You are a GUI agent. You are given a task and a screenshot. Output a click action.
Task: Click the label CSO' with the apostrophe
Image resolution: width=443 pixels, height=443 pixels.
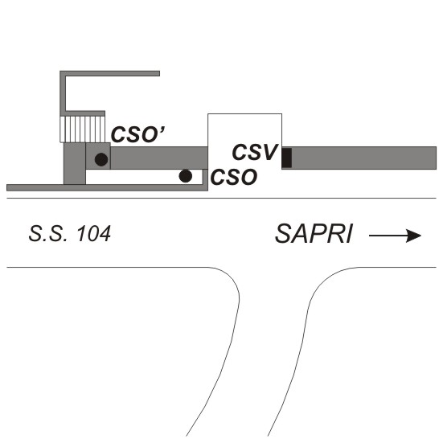click(138, 134)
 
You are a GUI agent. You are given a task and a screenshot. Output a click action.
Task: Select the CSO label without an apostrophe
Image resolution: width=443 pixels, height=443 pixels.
click(234, 177)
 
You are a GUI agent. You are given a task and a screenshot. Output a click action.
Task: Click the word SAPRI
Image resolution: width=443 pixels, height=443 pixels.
click(314, 234)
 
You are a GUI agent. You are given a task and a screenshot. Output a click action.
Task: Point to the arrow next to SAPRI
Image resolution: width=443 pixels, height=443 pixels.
click(395, 236)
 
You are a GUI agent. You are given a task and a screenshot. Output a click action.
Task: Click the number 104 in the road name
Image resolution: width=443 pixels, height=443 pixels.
click(93, 234)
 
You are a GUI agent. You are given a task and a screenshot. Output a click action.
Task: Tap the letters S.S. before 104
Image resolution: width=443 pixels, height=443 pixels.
click(48, 234)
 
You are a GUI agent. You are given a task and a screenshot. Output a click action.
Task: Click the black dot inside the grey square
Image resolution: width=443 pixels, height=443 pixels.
click(101, 160)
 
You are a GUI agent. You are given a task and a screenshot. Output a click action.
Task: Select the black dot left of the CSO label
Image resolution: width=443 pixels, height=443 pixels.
click(186, 176)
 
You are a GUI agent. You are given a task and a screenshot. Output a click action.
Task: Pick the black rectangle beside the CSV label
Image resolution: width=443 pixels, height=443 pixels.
click(287, 158)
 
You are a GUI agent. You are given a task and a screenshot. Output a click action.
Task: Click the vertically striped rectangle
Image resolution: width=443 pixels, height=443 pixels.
click(82, 129)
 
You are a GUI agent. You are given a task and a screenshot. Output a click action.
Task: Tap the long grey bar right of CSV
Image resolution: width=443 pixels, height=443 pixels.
click(364, 158)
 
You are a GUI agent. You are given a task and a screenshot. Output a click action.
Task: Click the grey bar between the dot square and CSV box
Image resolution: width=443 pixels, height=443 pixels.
click(159, 158)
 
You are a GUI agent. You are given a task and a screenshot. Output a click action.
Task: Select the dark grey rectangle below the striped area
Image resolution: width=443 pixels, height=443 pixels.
click(75, 163)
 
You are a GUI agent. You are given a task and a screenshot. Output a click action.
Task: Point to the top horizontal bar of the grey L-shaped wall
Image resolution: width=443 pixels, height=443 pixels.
click(110, 73)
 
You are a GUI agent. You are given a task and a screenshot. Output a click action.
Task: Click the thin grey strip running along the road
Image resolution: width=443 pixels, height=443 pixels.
click(108, 187)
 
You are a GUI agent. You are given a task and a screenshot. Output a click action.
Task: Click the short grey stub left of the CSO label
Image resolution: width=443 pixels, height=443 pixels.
click(205, 177)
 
